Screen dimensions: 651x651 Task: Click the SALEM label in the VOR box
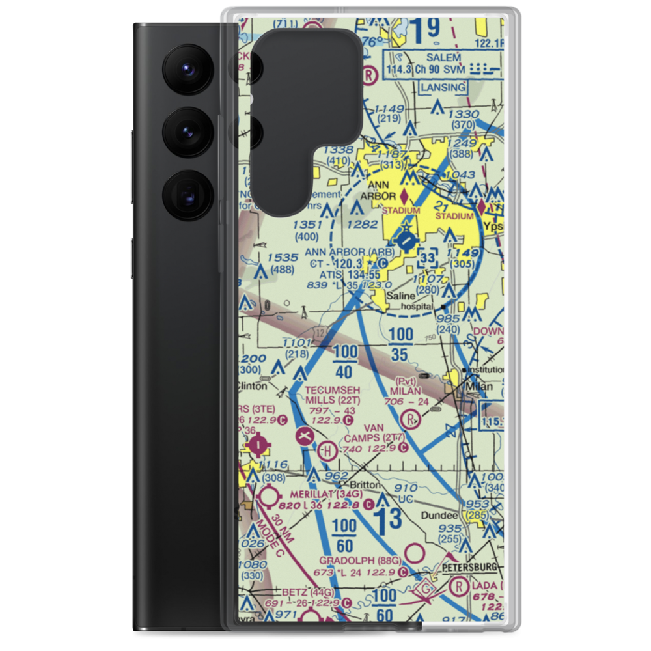(444, 57)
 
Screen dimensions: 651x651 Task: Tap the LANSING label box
(443, 87)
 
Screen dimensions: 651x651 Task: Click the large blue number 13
(389, 521)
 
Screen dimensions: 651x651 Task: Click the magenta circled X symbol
(304, 436)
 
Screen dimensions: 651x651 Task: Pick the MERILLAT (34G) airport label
(325, 494)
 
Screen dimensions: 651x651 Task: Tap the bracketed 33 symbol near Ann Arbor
(428, 259)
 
